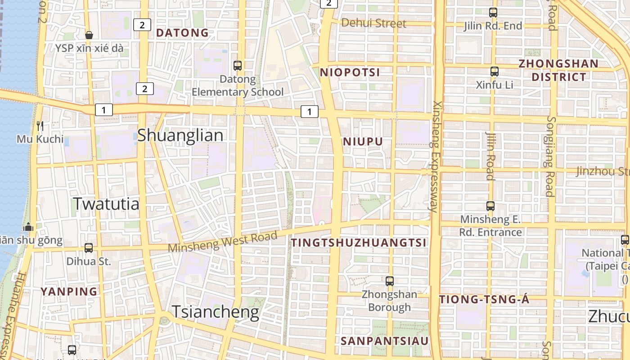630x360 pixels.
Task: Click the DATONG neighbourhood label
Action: (x=182, y=33)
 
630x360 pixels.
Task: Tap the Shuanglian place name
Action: (x=180, y=135)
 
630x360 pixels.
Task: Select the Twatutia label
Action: (x=106, y=204)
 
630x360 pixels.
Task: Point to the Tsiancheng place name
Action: (x=216, y=311)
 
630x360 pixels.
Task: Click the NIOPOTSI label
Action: (x=350, y=72)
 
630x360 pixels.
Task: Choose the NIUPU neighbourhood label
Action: (x=363, y=142)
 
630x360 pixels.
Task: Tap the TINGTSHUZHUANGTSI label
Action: (x=358, y=243)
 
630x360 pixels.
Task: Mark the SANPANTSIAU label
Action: (x=385, y=341)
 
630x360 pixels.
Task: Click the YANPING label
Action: (x=69, y=292)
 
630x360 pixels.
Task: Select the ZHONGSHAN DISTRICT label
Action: (x=558, y=70)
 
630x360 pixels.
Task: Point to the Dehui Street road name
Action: (x=373, y=23)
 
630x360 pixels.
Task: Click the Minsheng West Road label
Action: (x=223, y=243)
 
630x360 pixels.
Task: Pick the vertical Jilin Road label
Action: (x=490, y=156)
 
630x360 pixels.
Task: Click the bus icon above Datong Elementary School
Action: (x=238, y=66)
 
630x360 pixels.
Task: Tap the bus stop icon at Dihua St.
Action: (x=89, y=247)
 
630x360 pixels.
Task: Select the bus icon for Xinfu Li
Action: (x=494, y=71)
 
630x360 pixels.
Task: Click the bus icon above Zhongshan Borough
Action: (x=390, y=281)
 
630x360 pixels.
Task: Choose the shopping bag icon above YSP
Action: (x=89, y=35)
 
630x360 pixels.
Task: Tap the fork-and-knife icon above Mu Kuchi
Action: (x=40, y=126)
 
